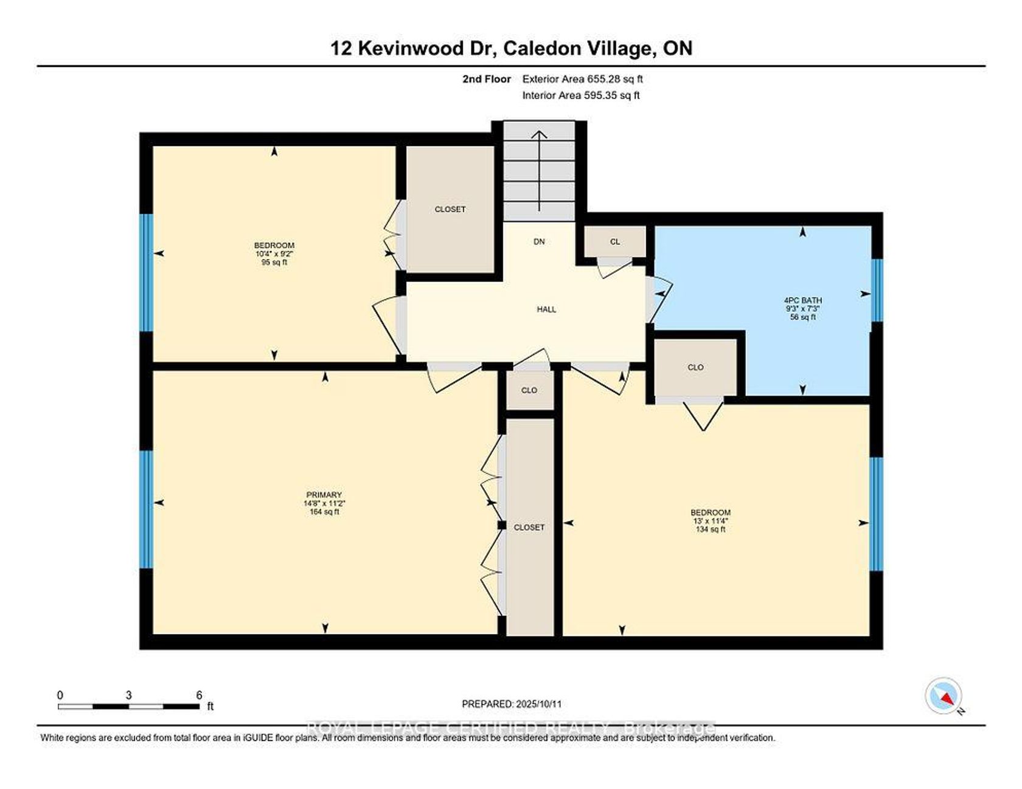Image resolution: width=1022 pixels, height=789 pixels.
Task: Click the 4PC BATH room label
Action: click(802, 300)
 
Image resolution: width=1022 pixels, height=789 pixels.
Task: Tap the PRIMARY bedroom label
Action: click(324, 495)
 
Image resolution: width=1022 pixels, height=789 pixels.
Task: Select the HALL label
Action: click(546, 309)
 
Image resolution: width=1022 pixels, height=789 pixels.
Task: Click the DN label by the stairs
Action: click(539, 242)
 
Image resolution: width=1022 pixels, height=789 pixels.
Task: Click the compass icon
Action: click(944, 696)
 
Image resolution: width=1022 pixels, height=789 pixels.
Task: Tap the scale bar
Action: click(129, 706)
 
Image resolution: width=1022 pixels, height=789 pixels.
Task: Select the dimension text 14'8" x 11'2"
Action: click(324, 503)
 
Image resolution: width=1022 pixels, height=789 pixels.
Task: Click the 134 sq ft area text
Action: click(711, 529)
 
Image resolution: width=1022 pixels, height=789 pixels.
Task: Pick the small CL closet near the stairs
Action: click(615, 241)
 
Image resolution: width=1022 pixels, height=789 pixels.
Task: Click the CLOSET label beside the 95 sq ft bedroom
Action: click(450, 209)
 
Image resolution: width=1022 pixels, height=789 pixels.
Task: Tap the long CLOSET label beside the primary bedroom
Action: click(529, 528)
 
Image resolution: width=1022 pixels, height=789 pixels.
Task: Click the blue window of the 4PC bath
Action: click(877, 290)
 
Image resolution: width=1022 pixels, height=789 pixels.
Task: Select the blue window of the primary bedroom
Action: click(146, 509)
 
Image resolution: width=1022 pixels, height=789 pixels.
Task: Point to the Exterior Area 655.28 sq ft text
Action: click(583, 79)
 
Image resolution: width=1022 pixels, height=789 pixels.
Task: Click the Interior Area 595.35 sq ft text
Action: click(581, 95)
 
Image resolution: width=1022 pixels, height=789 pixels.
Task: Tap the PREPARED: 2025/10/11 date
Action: click(512, 704)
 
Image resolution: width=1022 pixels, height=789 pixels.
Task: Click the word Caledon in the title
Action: click(541, 48)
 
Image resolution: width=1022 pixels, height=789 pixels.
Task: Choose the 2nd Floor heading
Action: click(487, 79)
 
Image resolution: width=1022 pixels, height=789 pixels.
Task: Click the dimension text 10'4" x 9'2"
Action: click(274, 254)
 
